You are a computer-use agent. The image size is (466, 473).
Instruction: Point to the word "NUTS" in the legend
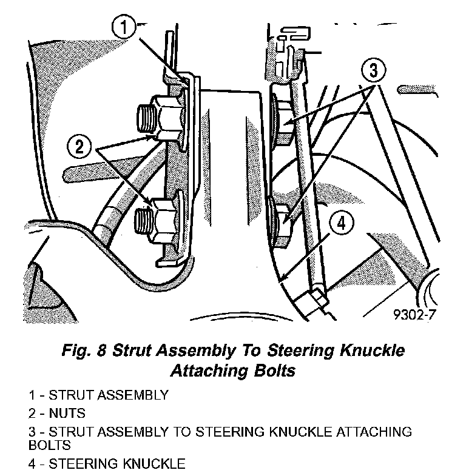[66, 414]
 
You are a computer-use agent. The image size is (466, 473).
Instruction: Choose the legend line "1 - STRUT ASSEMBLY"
[98, 395]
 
